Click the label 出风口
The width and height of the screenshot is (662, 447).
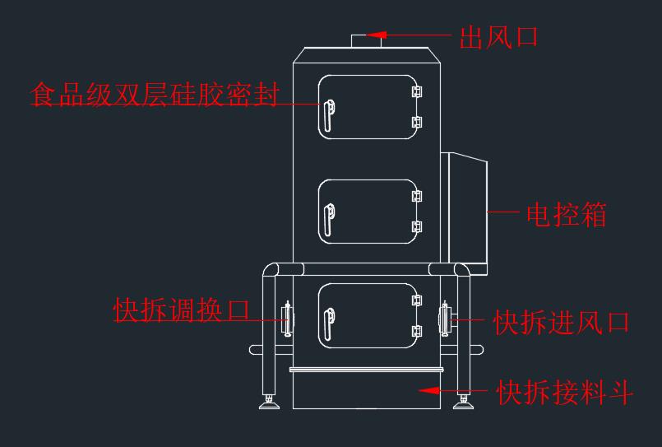[498, 37]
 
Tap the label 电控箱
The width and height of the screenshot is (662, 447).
[567, 215]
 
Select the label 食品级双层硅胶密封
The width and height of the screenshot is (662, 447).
[155, 94]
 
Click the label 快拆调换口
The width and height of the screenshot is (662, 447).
[182, 310]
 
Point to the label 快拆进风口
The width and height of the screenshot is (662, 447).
[562, 323]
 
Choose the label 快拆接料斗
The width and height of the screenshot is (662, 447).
[565, 393]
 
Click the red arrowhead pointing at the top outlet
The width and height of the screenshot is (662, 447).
[377, 35]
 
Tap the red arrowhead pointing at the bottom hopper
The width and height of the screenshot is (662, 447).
[429, 390]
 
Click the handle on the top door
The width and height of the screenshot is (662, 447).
[329, 115]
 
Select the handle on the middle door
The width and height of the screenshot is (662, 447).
[329, 220]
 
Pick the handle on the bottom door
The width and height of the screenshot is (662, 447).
[329, 324]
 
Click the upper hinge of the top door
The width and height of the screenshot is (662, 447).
[417, 91]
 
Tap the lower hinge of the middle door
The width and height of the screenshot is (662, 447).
[417, 227]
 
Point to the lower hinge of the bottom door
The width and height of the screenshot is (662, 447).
[417, 331]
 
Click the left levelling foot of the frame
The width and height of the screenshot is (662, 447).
[269, 402]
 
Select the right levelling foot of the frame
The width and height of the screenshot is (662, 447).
[463, 402]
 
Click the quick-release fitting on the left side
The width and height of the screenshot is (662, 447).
[288, 319]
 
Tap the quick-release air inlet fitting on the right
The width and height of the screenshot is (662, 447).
[445, 319]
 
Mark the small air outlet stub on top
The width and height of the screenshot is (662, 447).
[366, 41]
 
